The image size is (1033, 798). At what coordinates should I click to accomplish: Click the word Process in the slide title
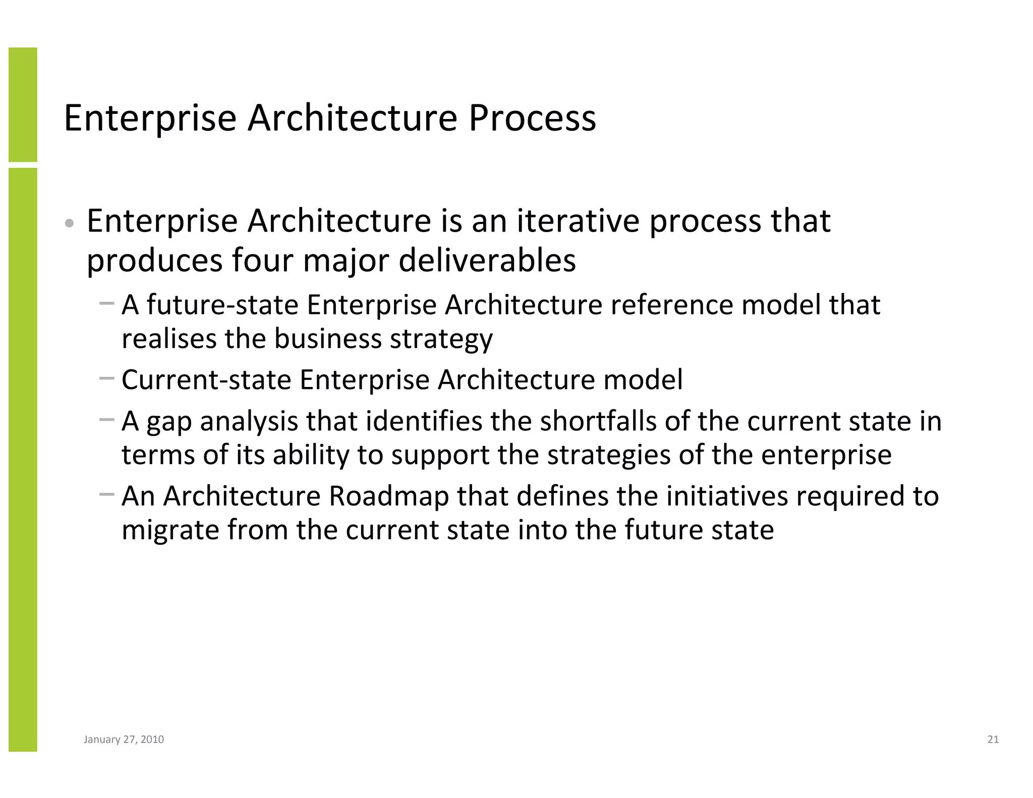[x=532, y=118]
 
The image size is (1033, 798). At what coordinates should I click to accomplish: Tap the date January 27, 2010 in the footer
[x=124, y=739]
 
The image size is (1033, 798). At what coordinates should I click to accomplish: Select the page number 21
[x=993, y=739]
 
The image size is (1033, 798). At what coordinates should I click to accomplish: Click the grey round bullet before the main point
[x=70, y=223]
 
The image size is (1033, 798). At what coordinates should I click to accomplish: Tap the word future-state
[x=222, y=305]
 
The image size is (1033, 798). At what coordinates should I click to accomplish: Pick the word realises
[x=169, y=338]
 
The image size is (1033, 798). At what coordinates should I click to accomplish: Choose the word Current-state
[x=206, y=379]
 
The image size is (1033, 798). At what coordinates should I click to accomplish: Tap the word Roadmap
[x=388, y=496]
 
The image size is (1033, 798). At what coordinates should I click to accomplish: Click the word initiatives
[x=727, y=496]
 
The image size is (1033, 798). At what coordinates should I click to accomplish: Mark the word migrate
[x=170, y=530]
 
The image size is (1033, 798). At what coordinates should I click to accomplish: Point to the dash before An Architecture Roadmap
[x=107, y=494]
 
